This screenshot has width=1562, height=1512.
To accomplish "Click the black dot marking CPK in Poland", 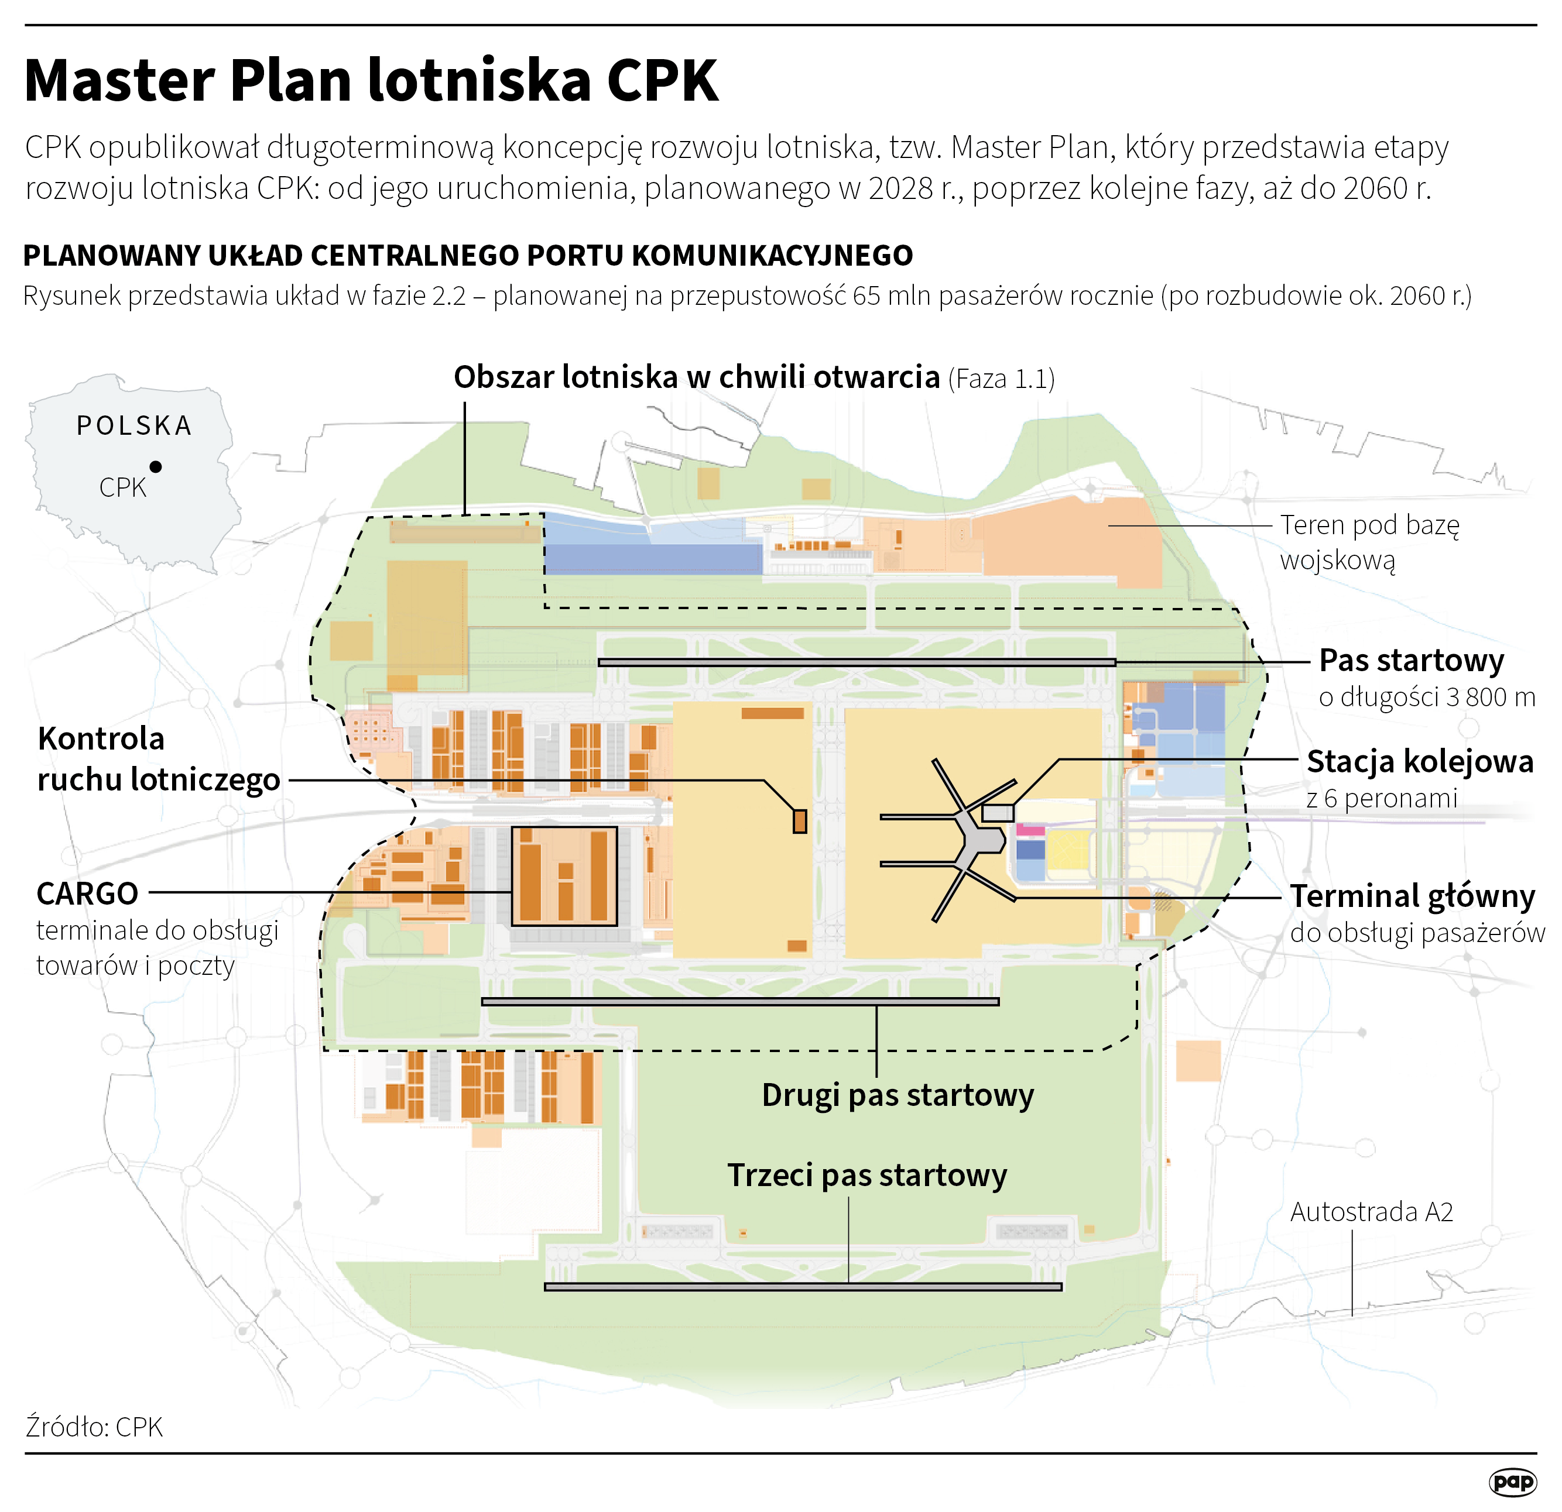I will click(x=156, y=467).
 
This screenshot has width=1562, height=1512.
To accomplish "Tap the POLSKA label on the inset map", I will click(x=135, y=426).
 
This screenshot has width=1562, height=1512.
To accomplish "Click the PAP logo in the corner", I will click(x=1512, y=1482).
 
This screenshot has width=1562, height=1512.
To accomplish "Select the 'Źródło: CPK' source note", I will click(x=94, y=1427).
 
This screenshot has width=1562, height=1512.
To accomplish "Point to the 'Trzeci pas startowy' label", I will click(x=867, y=1176).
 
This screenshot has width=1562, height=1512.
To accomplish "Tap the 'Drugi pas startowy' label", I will click(x=898, y=1095).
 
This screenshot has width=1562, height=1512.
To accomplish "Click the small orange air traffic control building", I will click(x=799, y=822).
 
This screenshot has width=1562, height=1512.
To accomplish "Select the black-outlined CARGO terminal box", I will click(x=564, y=877).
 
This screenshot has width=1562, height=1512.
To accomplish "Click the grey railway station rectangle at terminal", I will click(x=998, y=813).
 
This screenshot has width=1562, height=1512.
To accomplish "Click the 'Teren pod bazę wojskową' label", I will click(x=1369, y=542).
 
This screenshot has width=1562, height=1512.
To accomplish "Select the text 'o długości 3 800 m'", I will click(x=1427, y=697).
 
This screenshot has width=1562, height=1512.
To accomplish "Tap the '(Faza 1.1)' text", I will click(x=1002, y=379).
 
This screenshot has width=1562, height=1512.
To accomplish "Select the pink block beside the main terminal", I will click(x=1030, y=830).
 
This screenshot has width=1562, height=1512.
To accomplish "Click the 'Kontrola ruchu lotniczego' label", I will click(x=158, y=759).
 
